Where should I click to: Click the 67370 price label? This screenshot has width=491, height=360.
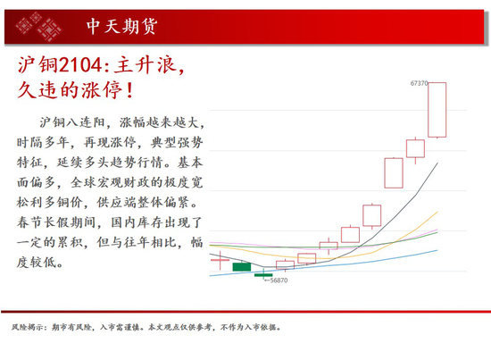(x=419, y=83)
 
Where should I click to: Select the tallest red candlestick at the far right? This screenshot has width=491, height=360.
(x=437, y=110)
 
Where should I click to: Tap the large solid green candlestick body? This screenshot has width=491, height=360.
(x=242, y=267)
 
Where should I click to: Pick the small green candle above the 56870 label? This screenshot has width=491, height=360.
(x=263, y=275)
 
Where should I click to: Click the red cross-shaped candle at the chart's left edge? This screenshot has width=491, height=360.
(x=220, y=260)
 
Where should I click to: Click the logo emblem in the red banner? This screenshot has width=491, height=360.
(x=38, y=27)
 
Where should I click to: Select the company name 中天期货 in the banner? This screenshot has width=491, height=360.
(x=121, y=26)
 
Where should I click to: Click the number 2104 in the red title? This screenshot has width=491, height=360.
(x=80, y=65)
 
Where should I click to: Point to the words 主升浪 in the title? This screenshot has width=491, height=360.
(x=145, y=65)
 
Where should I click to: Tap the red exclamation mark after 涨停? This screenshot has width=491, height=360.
(x=130, y=90)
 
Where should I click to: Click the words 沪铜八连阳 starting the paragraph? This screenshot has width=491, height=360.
(x=72, y=122)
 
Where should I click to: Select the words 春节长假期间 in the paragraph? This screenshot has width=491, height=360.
(x=55, y=222)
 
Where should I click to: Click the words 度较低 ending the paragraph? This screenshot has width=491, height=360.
(x=37, y=262)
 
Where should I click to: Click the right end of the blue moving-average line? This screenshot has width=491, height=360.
(x=437, y=250)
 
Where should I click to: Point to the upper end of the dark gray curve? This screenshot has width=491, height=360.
(x=437, y=163)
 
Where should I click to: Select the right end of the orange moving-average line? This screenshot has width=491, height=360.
(x=437, y=212)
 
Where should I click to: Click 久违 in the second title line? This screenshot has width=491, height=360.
(x=38, y=90)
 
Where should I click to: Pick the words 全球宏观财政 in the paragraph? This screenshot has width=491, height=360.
(x=110, y=182)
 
